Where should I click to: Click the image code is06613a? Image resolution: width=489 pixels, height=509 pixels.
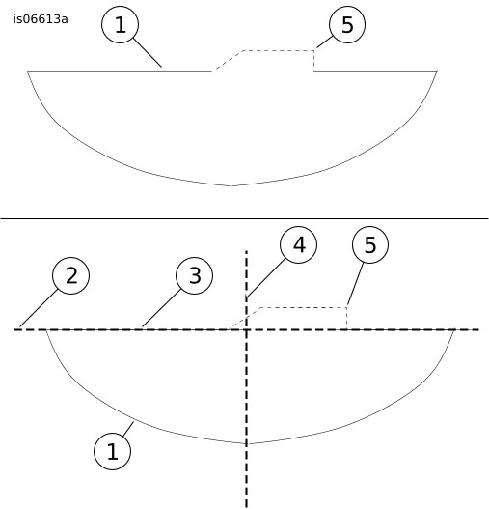tap(41, 19)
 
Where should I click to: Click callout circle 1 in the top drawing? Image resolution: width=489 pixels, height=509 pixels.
tap(121, 25)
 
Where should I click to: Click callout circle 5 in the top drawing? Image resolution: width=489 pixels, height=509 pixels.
tap(347, 25)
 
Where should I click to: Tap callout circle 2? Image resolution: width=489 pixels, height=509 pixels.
tap(71, 275)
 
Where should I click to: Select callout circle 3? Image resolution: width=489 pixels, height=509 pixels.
tap(195, 275)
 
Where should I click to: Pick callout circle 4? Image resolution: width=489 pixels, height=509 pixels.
tap(298, 244)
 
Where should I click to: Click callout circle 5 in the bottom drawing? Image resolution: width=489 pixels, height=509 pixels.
tap(370, 244)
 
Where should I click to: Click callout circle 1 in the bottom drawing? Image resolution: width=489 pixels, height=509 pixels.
tap(113, 451)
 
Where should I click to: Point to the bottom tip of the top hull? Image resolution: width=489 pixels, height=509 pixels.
tap(232, 186)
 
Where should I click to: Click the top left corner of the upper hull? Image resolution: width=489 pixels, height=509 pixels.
tap(28, 71)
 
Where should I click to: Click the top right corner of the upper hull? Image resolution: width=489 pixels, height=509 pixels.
tap(437, 71)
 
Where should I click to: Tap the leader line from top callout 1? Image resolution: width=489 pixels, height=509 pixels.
tap(148, 52)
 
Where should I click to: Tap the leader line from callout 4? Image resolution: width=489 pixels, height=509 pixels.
tap(266, 277)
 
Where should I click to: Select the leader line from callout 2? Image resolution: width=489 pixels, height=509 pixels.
tap(39, 308)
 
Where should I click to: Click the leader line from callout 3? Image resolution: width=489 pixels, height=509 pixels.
tap(161, 308)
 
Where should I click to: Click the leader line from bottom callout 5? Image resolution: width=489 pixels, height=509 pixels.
tap(355, 284)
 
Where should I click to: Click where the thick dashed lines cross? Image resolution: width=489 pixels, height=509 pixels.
tap(247, 329)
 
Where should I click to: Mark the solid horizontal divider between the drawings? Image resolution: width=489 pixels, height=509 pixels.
tap(245, 219)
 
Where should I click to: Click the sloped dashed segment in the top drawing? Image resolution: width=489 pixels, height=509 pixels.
tap(227, 61)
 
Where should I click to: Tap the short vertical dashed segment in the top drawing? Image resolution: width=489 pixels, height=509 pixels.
tap(313, 61)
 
